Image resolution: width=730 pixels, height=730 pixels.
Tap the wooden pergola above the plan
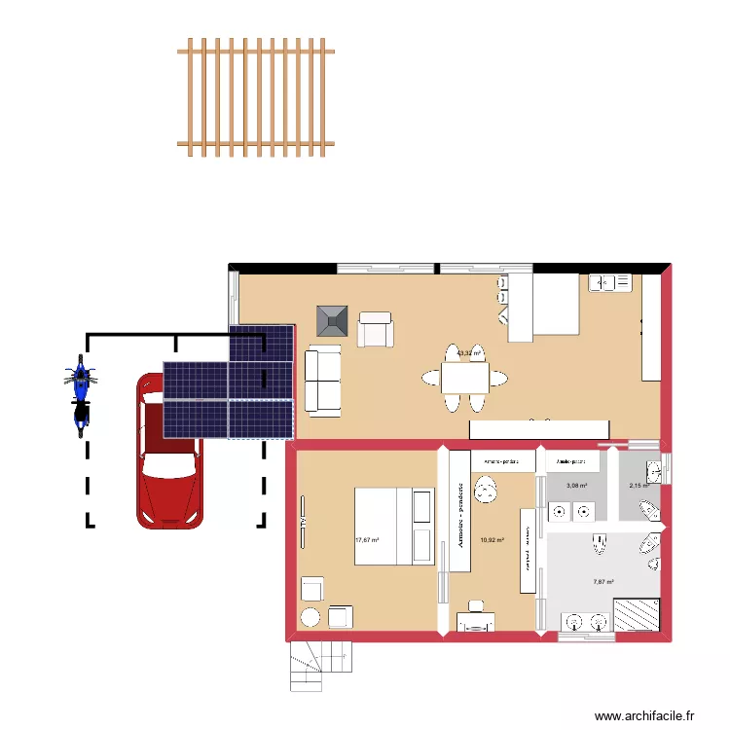256,97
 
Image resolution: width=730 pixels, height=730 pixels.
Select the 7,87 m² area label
603,582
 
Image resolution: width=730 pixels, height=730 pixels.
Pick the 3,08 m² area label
577,485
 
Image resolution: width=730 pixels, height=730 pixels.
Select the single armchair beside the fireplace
375,329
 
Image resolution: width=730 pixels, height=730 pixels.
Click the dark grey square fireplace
332,320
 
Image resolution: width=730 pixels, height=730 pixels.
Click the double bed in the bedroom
393,526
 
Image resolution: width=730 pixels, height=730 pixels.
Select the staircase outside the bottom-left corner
318,665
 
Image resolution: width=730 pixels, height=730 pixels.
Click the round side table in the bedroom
311,616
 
